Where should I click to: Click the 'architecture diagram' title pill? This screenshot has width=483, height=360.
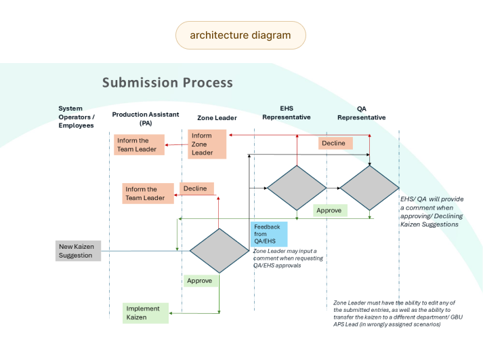(x=240, y=35)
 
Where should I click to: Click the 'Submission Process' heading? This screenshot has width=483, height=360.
(x=167, y=83)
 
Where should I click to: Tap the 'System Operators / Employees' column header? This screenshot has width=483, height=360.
(x=77, y=117)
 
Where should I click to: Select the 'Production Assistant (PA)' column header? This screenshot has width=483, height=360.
(x=146, y=119)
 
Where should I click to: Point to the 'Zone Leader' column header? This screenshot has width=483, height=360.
(x=217, y=118)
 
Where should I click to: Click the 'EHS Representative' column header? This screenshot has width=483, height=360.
(x=287, y=113)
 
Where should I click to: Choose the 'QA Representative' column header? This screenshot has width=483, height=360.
(x=362, y=113)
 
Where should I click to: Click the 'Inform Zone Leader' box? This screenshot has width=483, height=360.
(x=207, y=144)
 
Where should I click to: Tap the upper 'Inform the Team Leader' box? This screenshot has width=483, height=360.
(x=140, y=145)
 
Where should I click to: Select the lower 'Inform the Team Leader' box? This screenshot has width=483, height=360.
(x=148, y=194)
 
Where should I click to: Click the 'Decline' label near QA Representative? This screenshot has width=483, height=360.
(x=335, y=143)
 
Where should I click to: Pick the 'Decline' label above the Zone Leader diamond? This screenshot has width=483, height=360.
(x=197, y=188)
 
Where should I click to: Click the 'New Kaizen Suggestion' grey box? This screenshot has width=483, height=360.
(x=78, y=251)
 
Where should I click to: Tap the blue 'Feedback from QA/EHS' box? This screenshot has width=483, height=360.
(x=269, y=234)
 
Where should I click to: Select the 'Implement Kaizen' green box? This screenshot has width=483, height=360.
(x=146, y=313)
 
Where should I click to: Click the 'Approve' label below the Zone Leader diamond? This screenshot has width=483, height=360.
(x=201, y=281)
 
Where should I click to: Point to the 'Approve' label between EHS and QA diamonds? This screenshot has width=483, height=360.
(x=330, y=211)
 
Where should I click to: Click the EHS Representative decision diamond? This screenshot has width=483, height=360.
(x=297, y=188)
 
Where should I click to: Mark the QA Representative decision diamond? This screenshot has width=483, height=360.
(x=370, y=188)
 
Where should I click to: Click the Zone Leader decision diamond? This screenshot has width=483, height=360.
(x=219, y=251)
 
